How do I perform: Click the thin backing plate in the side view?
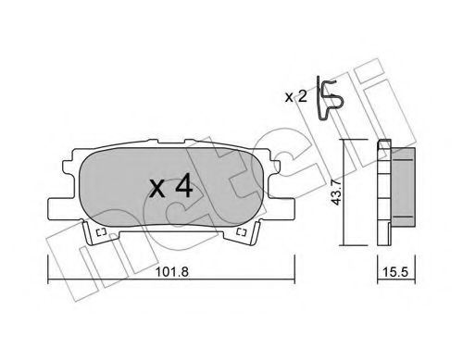[x=382, y=192]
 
